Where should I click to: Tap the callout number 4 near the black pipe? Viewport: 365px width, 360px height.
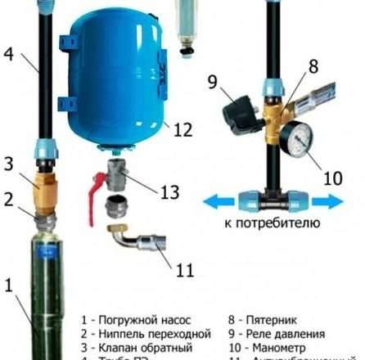[7, 56]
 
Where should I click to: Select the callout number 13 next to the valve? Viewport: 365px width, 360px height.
[170, 193]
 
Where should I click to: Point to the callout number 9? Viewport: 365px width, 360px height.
[211, 82]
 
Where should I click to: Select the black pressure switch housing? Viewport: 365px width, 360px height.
[240, 112]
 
